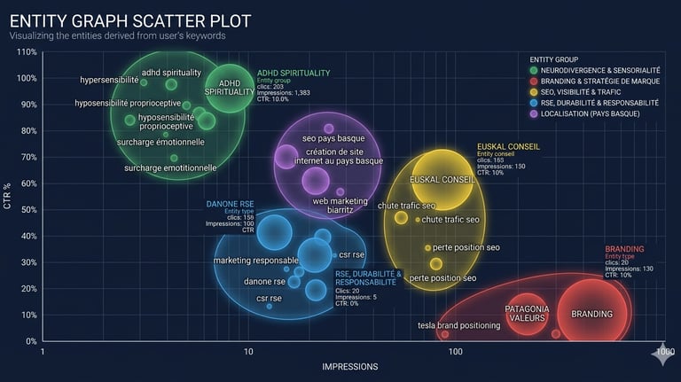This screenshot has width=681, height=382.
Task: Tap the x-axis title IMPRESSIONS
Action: (x=349, y=366)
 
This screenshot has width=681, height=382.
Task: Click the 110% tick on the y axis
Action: (x=27, y=52)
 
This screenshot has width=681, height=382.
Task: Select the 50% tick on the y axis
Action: (x=27, y=210)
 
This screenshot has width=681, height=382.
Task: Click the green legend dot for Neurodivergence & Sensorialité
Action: (x=533, y=70)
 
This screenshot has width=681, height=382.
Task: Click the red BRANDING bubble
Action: (x=591, y=314)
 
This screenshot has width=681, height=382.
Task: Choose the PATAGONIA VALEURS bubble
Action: (x=527, y=313)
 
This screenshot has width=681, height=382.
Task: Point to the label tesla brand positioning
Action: (x=458, y=325)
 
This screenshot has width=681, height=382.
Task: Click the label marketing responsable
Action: (x=256, y=260)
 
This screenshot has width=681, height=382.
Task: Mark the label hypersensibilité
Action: (x=109, y=80)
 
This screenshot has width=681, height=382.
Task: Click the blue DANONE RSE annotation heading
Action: (x=230, y=204)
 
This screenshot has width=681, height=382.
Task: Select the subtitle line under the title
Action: (x=117, y=35)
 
